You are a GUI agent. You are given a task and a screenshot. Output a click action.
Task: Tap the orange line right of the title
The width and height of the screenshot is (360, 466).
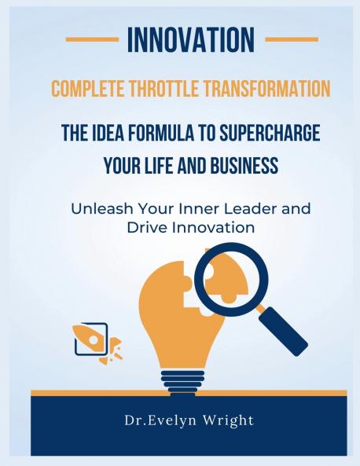point(292,39)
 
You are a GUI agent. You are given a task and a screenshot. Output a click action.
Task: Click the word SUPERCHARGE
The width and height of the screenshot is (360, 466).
point(256,134)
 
